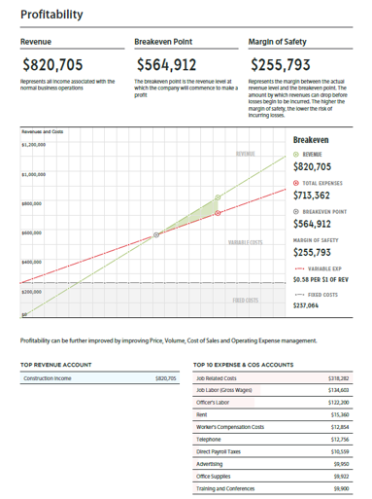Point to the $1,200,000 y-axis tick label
(35, 145)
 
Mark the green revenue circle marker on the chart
(219, 197)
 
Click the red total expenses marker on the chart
(218, 211)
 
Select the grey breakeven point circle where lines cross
(156, 235)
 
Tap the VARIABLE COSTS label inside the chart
(246, 242)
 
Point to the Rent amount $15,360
(340, 414)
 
